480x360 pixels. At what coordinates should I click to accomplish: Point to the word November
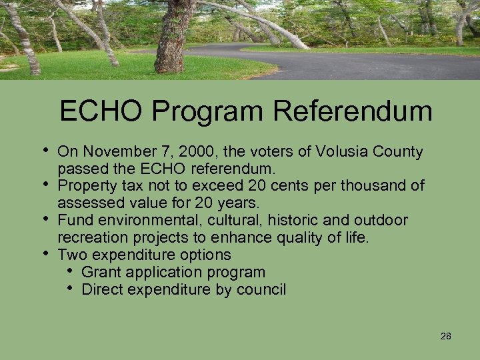[x=113, y=152]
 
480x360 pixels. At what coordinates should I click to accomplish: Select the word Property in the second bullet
[x=84, y=186]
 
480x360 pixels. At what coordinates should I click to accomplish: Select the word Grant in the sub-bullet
[x=100, y=272]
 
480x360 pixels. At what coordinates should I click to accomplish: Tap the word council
[x=261, y=289]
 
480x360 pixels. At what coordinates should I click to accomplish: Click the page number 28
[x=446, y=336]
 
